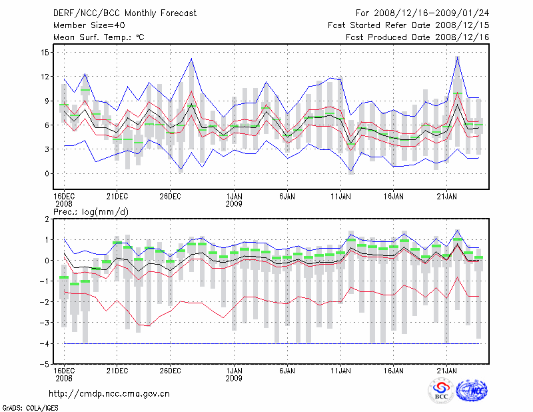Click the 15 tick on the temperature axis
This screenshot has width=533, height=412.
(x=43, y=53)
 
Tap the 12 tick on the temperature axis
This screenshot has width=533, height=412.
(x=43, y=77)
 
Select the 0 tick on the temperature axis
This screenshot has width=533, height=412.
(x=45, y=173)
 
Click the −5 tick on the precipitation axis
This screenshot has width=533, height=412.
(x=43, y=365)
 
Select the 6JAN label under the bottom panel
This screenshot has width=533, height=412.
(x=287, y=369)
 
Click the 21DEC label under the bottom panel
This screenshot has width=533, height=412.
(x=117, y=369)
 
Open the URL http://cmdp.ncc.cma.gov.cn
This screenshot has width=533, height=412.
(x=109, y=393)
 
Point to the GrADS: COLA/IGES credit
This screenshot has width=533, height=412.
(x=23, y=407)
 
